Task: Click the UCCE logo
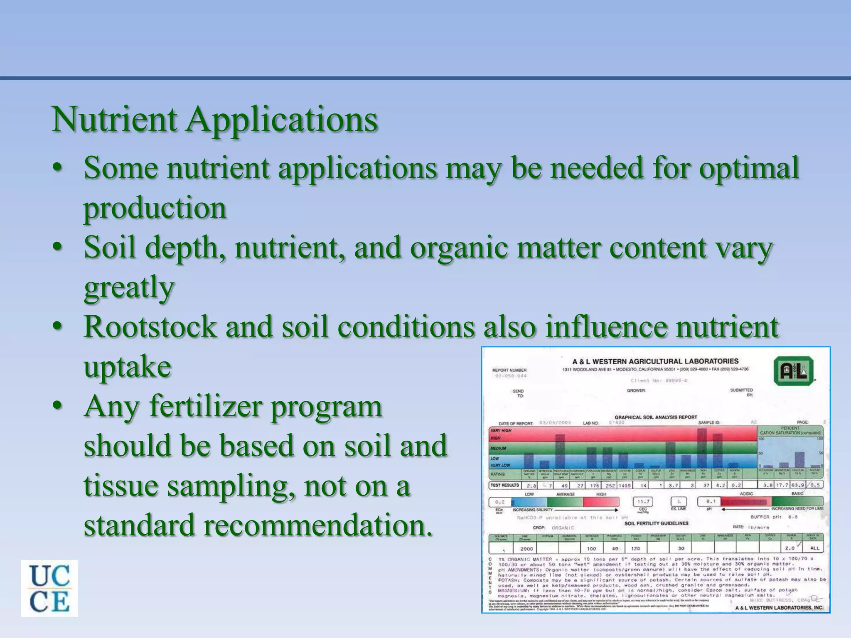coord(49,588)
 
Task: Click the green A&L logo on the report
coord(794,371)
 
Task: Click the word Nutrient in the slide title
coord(114,119)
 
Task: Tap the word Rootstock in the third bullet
coord(150,327)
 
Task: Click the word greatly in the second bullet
coord(129,287)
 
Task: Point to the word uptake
coord(127,367)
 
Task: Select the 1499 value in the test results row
coord(624,485)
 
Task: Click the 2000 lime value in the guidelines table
coord(526,548)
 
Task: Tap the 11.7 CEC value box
coord(643,502)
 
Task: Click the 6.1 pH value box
coord(711,501)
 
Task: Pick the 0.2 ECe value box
coord(500,502)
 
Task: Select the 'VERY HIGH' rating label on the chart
coord(501,430)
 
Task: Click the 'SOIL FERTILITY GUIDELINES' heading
coord(656,523)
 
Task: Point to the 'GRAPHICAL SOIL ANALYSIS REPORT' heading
coord(656,417)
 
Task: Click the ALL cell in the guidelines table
coord(814,548)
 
